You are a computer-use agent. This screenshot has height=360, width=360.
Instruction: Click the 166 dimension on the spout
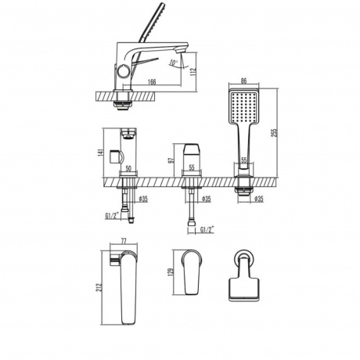coord(152,81)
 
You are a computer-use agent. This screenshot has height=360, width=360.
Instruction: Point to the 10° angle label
coord(173,63)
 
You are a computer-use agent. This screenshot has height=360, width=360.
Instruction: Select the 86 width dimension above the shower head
coord(243,81)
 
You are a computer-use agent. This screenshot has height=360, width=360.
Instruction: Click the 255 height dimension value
coord(275,132)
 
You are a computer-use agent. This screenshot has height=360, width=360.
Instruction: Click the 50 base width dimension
coord(128,168)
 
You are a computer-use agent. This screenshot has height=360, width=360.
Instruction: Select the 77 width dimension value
coord(124,241)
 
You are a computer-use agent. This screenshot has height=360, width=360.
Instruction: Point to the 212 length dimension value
coord(99,288)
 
